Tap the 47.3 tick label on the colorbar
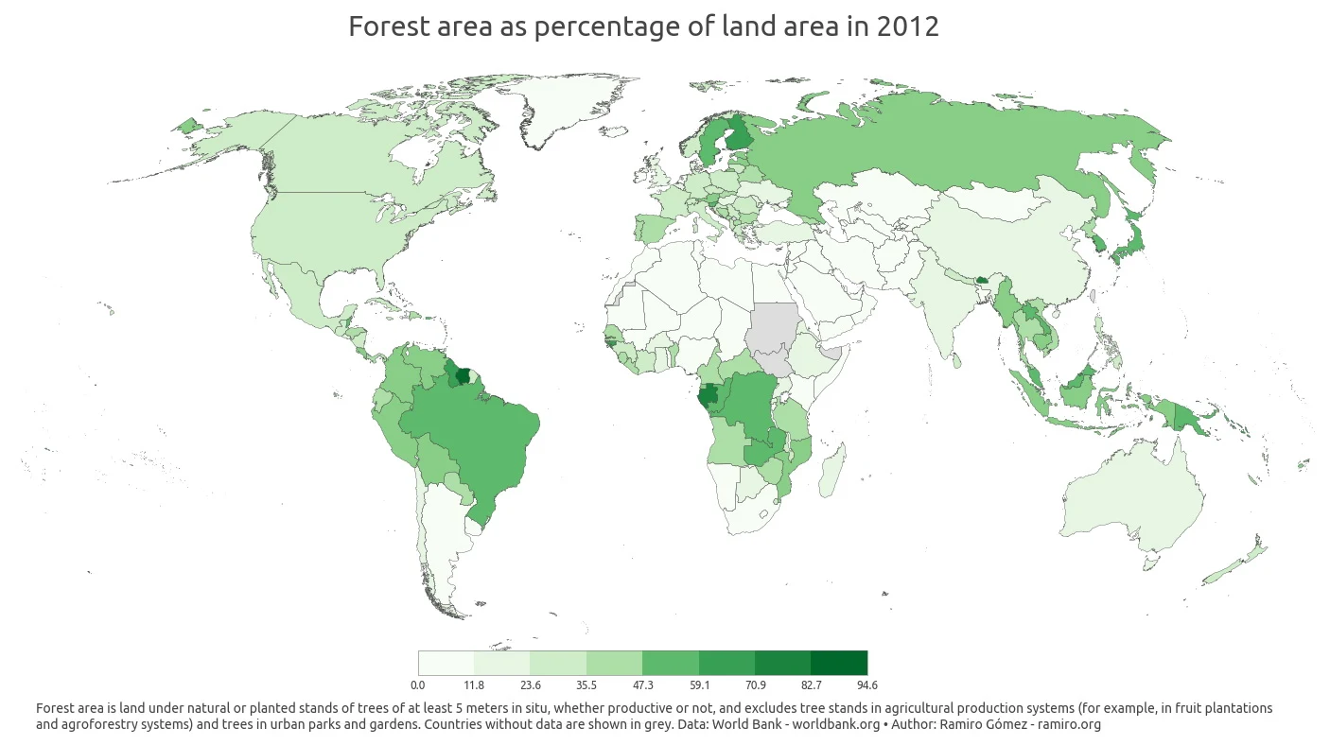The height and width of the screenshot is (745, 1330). (x=642, y=684)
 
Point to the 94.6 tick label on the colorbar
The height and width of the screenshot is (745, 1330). (x=866, y=684)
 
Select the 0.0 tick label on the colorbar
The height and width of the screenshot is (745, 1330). (x=418, y=684)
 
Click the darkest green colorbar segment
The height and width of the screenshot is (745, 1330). (x=839, y=663)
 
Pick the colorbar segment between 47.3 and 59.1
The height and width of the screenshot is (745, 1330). (x=671, y=663)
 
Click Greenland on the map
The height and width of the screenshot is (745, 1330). (x=568, y=109)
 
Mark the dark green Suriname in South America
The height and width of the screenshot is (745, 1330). (x=463, y=375)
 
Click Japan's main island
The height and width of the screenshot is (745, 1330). (x=1126, y=248)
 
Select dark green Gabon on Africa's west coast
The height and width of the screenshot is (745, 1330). (x=706, y=401)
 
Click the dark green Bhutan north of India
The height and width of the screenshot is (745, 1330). (x=981, y=280)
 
